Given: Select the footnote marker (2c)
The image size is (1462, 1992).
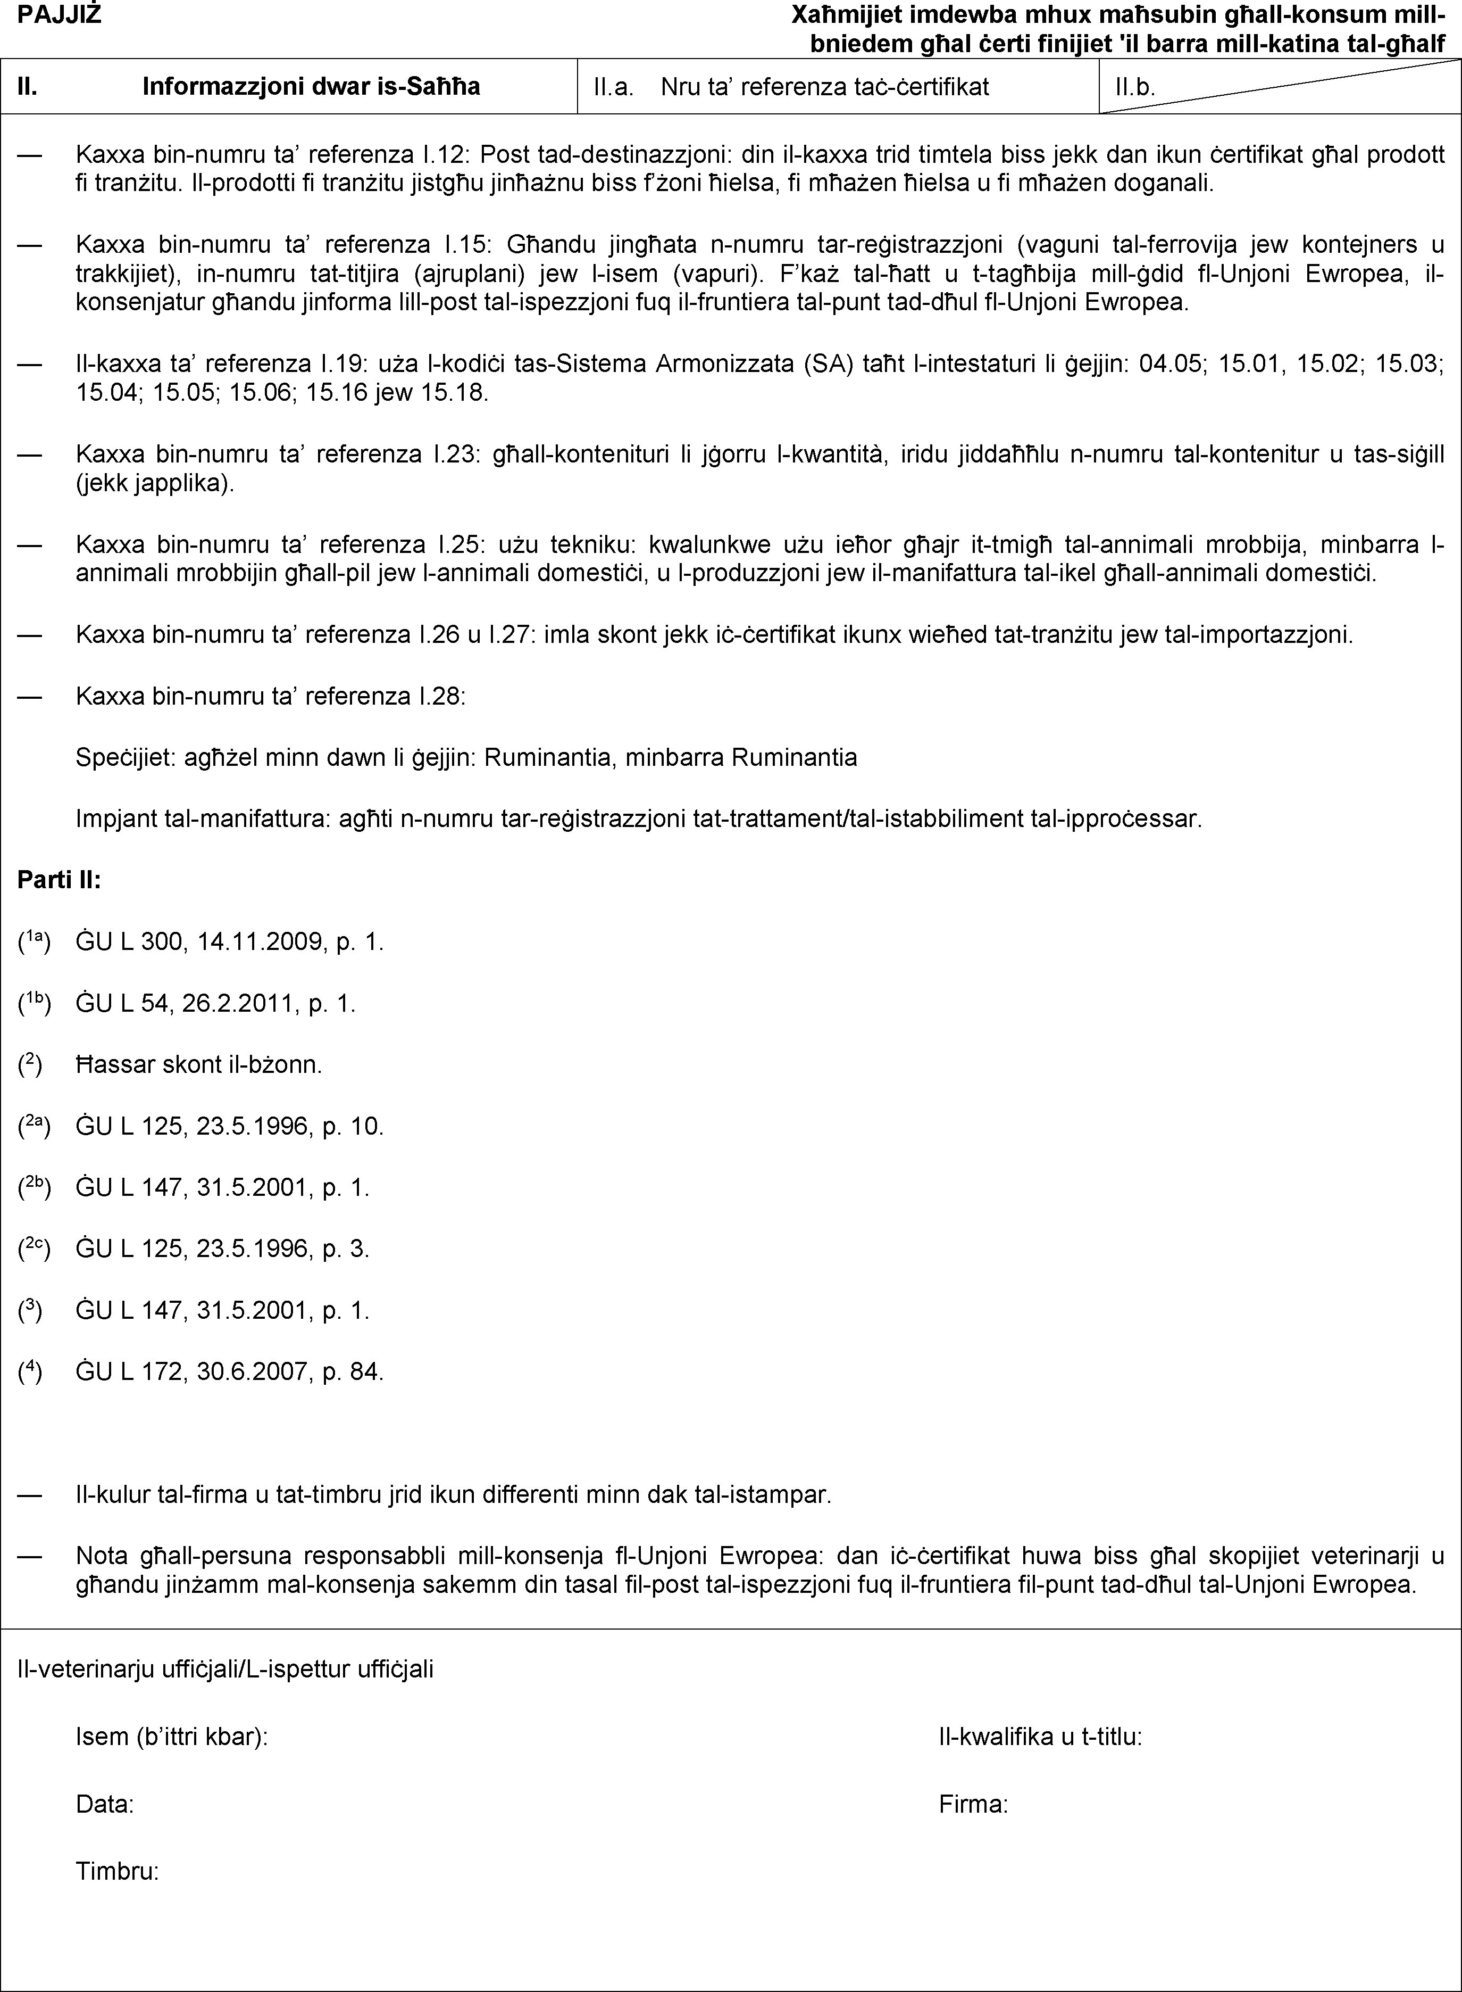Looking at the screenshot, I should (x=36, y=1249).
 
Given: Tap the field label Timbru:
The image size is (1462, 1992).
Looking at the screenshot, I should (x=118, y=1872).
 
